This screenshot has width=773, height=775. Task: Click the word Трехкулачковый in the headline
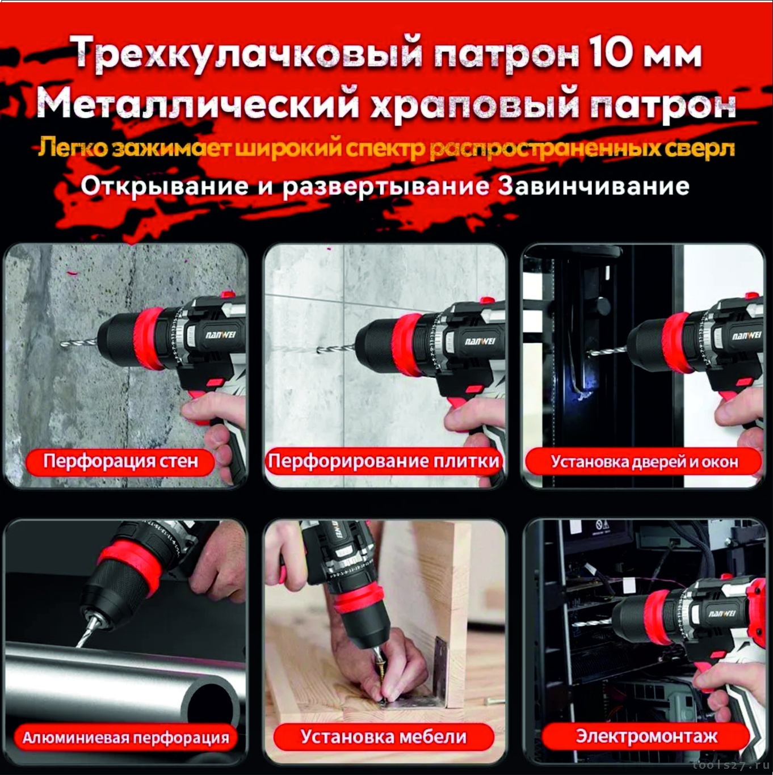248,54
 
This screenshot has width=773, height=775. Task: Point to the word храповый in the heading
475,107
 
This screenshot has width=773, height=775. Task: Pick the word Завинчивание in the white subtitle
594,186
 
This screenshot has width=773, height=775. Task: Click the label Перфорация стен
120,461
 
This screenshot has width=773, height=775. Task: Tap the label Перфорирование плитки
384,461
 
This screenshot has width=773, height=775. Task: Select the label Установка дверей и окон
645,462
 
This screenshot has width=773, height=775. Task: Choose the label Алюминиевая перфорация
125,738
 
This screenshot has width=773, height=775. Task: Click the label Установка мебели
384,737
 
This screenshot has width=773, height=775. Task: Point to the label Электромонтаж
646,736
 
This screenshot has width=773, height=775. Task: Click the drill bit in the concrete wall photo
79,343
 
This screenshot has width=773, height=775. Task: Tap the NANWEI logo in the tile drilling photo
480,342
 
